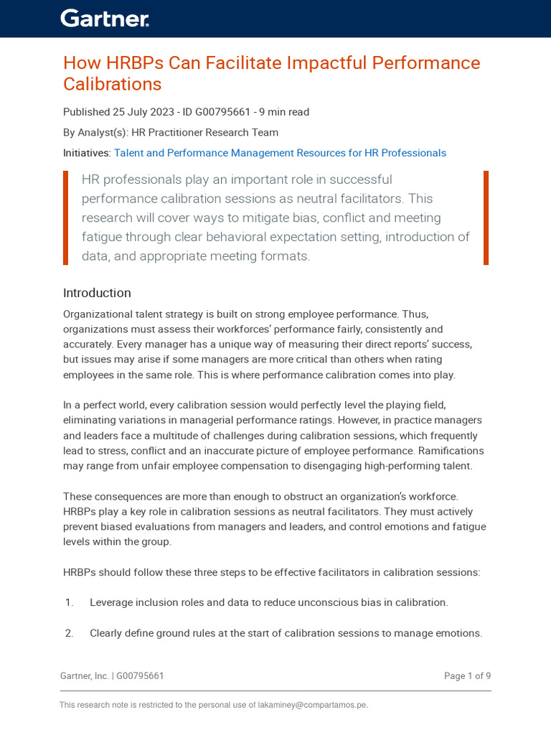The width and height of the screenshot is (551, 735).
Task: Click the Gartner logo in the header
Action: [105, 19]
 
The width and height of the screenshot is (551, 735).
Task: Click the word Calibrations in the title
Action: [112, 85]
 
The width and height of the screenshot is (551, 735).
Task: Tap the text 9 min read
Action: [286, 112]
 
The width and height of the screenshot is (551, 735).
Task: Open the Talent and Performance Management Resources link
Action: [280, 153]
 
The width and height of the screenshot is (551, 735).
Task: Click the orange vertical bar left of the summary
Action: [66, 217]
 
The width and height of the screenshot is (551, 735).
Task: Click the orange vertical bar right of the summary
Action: [486, 217]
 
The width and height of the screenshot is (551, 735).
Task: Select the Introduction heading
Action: [97, 293]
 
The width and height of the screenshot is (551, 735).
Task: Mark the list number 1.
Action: [69, 603]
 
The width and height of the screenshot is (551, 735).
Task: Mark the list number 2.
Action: [69, 634]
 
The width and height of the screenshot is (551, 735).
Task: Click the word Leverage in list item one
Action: [111, 603]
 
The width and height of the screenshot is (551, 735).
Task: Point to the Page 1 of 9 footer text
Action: [467, 676]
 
